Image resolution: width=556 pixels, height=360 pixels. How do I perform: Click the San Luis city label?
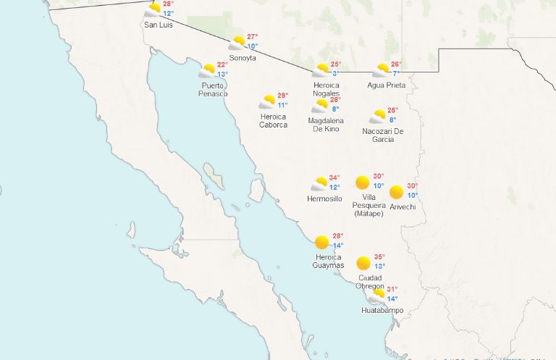pos(159,25)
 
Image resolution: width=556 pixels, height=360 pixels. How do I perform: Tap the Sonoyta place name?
pos(243,58)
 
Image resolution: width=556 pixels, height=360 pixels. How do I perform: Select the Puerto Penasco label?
pos(214,89)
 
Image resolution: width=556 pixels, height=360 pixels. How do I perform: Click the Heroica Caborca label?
pos(273,120)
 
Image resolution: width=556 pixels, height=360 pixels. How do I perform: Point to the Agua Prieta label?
pos(386,85)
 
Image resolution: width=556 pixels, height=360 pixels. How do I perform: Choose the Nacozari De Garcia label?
pos(383,135)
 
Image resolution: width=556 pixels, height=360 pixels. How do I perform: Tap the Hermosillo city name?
pos(324,198)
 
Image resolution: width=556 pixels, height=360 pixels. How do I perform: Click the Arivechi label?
pos(403,206)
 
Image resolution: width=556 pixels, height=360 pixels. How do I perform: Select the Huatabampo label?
pos(382,311)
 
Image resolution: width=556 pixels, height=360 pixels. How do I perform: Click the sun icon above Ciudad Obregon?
pos(363,262)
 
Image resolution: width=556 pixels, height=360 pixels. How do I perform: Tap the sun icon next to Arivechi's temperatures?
pos(396,192)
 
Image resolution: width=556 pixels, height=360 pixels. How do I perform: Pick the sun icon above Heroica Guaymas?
pos(321,242)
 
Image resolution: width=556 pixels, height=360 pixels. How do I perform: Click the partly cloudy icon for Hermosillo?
pos(319,184)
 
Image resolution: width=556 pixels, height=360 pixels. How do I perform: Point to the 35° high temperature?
pos(379,257)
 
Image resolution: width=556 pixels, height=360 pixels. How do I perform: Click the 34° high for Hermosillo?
pos(334,178)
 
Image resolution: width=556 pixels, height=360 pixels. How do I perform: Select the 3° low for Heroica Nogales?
pos(336,74)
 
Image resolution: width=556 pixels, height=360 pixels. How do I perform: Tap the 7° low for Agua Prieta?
pos(396,74)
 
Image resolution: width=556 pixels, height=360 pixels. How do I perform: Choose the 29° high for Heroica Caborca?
pos(282,96)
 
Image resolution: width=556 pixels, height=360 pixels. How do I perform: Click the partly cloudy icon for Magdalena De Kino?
pos(320,106)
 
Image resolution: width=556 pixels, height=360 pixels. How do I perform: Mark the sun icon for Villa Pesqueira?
pos(363,182)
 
